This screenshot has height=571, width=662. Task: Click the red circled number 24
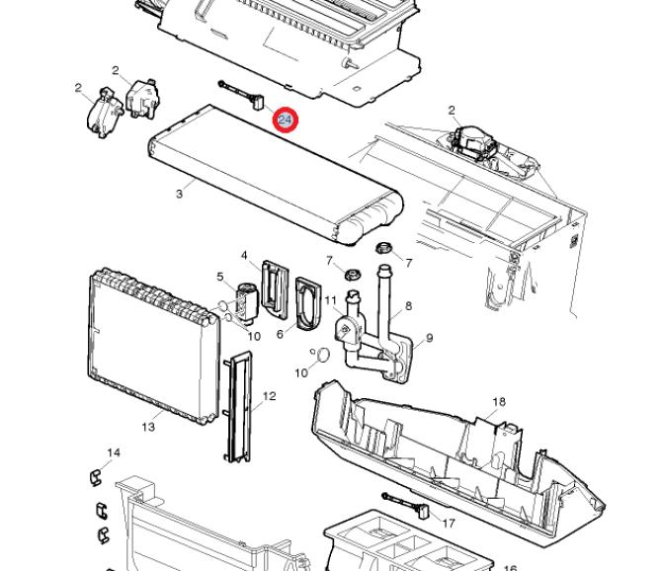click(x=286, y=120)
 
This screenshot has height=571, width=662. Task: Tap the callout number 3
click(x=180, y=194)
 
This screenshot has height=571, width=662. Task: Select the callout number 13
click(x=148, y=427)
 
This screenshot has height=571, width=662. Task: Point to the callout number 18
click(x=499, y=401)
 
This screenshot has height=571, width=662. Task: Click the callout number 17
click(x=449, y=524)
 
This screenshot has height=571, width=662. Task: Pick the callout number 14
click(x=114, y=452)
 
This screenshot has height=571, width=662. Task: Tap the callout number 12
click(x=269, y=396)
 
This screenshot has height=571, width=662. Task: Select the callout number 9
click(x=430, y=338)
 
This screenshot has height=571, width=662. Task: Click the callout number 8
click(x=408, y=305)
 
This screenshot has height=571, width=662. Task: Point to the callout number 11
click(x=330, y=300)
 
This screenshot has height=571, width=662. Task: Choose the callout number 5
click(x=220, y=277)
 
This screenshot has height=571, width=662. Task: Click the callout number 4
click(x=244, y=255)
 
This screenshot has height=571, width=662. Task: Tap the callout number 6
click(x=280, y=334)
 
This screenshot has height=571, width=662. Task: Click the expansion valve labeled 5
click(x=245, y=302)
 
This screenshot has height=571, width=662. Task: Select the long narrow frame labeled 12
click(x=238, y=406)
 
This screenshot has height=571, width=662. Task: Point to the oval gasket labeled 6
click(x=308, y=303)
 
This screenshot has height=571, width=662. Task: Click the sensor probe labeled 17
click(x=406, y=505)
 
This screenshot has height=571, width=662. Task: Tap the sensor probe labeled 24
click(x=242, y=95)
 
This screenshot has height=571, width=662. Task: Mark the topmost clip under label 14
click(x=97, y=476)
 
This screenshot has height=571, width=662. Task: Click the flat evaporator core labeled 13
click(x=153, y=346)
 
